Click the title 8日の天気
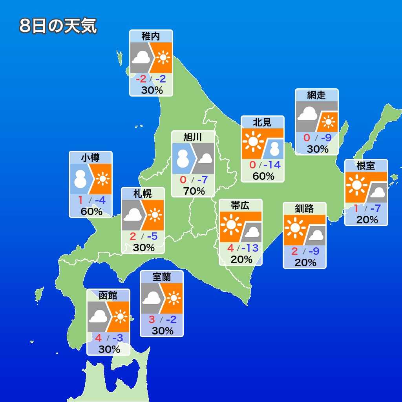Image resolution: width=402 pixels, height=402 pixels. [x=58, y=26]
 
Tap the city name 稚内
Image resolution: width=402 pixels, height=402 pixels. [x=151, y=37]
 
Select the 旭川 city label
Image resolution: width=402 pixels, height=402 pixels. [x=193, y=137]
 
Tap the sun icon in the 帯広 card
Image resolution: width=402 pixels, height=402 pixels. [x=231, y=224]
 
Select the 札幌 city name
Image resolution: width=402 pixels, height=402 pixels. [x=143, y=194]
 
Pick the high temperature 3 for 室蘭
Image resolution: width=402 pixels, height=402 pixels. [x=152, y=319]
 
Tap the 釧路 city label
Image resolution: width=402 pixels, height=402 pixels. [x=305, y=208]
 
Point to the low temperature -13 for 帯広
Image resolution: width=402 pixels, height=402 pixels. [x=250, y=248]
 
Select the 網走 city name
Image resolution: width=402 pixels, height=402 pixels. [x=316, y=95]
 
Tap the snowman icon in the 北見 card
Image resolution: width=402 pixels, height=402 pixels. [x=274, y=149]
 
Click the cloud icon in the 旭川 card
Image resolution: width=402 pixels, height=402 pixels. [x=205, y=159]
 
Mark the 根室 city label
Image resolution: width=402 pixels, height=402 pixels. [x=366, y=166]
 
